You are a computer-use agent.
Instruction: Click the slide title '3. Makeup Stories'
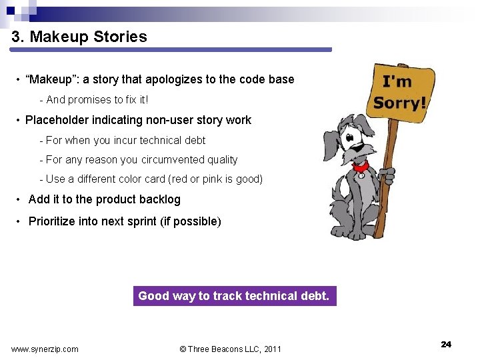79,37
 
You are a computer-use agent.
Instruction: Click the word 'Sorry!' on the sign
399,103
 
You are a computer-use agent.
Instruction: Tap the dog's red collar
361,166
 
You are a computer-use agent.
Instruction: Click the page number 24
446,344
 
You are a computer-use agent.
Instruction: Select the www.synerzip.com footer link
45,349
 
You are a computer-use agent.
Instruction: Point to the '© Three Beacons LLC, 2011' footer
231,349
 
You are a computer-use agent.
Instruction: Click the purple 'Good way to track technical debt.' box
234,296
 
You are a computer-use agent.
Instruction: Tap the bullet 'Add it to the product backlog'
104,199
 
